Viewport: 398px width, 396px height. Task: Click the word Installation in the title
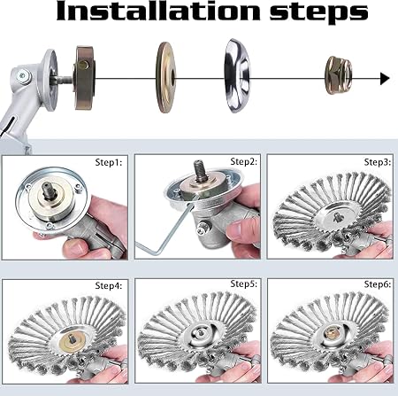[x=158, y=12]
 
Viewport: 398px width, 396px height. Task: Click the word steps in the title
[x=319, y=13]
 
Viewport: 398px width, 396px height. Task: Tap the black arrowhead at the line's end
[x=385, y=79]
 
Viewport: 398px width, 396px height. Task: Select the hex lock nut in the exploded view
[x=339, y=75]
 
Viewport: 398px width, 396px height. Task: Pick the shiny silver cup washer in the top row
[x=237, y=75]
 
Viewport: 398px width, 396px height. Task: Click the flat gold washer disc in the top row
[x=166, y=77]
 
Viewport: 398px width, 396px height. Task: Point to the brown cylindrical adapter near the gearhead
[x=84, y=78]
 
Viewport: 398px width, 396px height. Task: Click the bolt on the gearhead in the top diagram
[x=23, y=76]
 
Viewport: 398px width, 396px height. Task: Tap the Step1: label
[x=109, y=162]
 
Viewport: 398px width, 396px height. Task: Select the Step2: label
[x=244, y=161]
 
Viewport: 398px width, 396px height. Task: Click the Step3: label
[x=378, y=162]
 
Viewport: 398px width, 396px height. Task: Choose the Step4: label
[x=109, y=285]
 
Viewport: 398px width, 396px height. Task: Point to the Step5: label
[x=244, y=283]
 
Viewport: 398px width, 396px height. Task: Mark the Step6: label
[x=378, y=284]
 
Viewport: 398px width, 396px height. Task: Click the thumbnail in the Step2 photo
[x=237, y=230]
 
